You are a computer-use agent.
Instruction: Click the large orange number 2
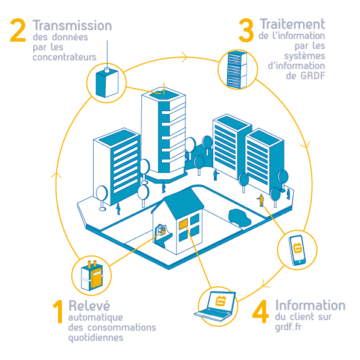coord(18,30)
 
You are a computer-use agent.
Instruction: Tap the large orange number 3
coord(246,30)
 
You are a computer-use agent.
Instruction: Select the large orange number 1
coord(58,312)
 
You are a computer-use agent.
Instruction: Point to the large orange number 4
coord(260,312)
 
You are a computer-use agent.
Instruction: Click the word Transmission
coord(72,25)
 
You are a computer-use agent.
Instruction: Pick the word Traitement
coord(292,24)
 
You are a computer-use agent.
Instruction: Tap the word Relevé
coord(89,306)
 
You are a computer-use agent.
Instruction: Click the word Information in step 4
coord(310,305)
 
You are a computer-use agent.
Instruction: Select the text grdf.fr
coord(288,327)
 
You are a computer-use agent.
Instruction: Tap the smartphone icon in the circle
coord(297,250)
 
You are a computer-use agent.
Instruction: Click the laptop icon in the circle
coord(216,306)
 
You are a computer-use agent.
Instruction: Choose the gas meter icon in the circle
coord(92,275)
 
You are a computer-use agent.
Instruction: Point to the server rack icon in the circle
coord(237,69)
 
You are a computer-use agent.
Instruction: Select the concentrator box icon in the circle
coord(107,83)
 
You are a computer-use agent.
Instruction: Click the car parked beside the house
coord(239,217)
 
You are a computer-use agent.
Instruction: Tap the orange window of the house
coord(183,224)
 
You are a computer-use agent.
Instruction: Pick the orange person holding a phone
coord(260,201)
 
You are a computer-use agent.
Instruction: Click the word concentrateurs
coord(65,57)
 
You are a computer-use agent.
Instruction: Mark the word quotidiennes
coord(96,338)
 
